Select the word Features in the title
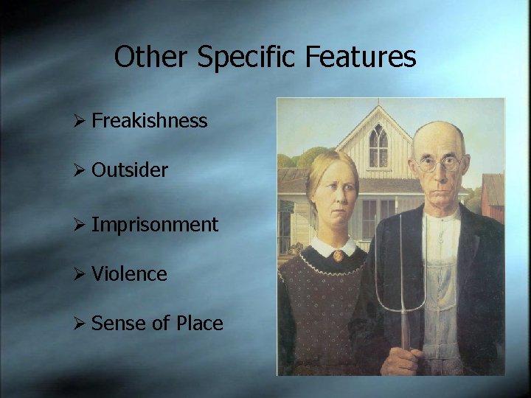[361, 57]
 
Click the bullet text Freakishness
[150, 121]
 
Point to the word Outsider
[130, 170]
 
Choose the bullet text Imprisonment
[155, 225]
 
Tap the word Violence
[130, 274]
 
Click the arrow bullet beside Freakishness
[82, 122]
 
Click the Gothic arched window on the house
[378, 147]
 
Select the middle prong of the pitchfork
[404, 265]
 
